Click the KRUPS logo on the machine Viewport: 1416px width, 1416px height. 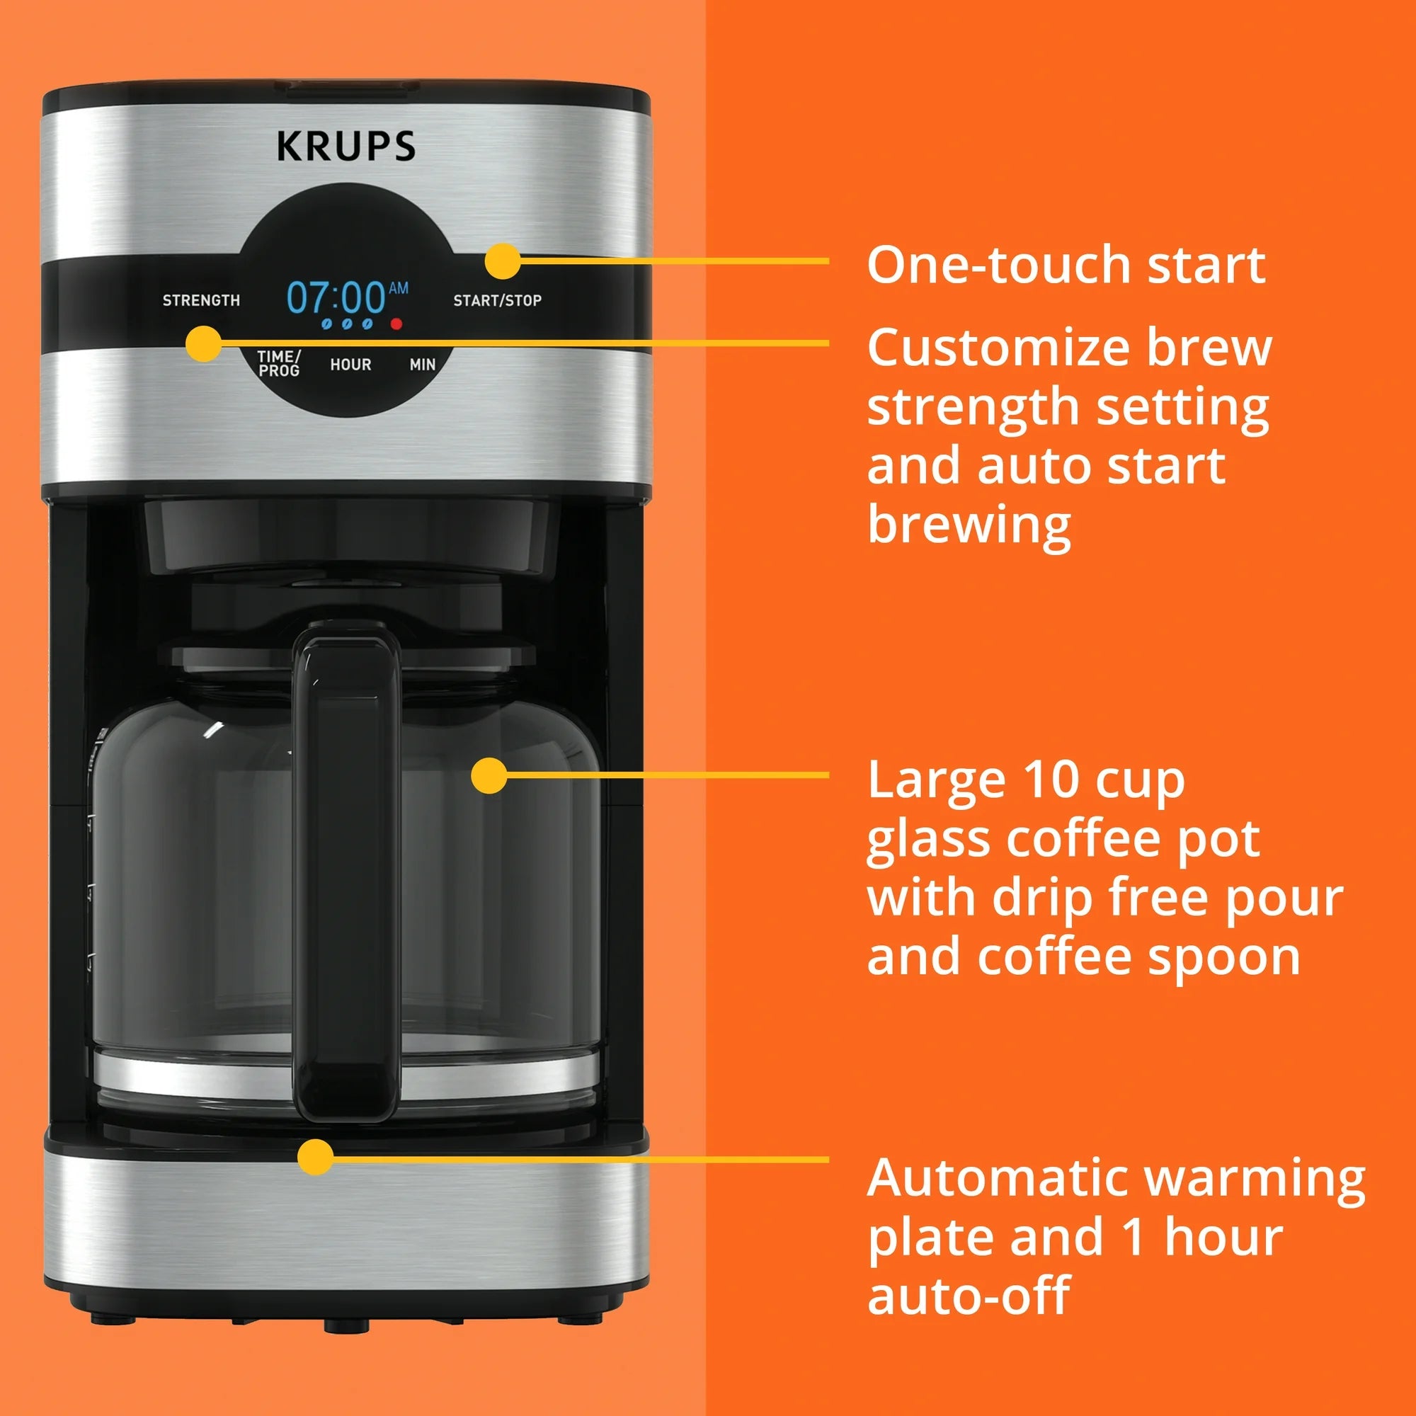346,146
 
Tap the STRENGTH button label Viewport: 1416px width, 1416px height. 201,300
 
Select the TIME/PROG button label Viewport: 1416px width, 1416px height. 278,363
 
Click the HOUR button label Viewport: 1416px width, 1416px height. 350,364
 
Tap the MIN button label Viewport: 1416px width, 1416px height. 422,364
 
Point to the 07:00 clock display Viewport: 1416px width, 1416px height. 336,297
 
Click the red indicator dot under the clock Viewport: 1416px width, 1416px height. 396,324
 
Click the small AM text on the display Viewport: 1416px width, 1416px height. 399,287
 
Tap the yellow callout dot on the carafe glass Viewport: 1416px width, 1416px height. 489,775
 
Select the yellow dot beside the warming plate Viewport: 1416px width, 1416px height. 316,1158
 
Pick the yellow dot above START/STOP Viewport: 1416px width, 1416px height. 503,261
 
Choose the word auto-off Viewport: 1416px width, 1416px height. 968,1296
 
